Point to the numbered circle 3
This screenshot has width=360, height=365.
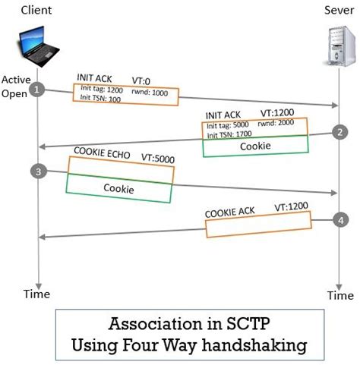39,171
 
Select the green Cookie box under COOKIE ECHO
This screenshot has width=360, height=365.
119,188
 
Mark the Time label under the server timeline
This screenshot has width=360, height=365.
339,294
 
